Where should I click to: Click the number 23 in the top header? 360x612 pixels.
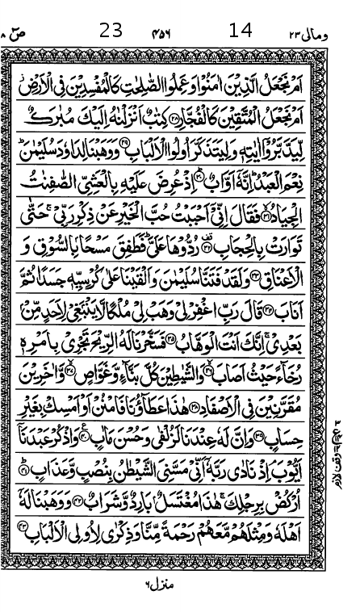point(111,31)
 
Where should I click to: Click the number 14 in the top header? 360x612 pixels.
point(241,31)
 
